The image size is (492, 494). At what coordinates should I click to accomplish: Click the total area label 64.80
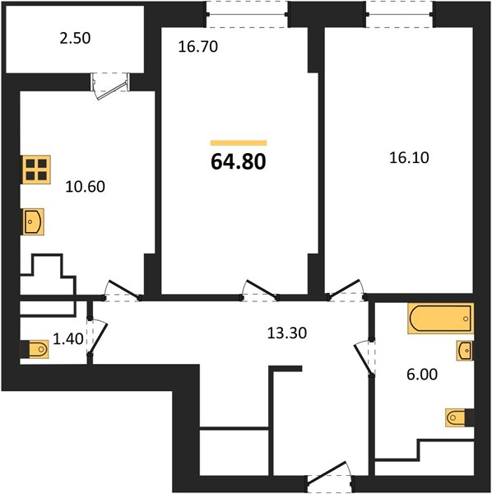point(239,161)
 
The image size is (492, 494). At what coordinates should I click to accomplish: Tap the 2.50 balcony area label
point(75,38)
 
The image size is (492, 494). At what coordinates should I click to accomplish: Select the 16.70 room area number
point(198,47)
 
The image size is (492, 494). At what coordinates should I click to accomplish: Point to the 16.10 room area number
point(409,157)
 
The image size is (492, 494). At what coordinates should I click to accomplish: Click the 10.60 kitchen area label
point(85,187)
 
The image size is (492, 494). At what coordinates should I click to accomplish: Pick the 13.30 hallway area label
point(287,333)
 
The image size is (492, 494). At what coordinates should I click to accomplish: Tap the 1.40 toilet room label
point(68,339)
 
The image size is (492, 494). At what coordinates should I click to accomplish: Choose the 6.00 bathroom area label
point(422,375)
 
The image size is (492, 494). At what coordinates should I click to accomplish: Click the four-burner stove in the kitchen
point(36,170)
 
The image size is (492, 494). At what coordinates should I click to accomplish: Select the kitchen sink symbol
point(33,221)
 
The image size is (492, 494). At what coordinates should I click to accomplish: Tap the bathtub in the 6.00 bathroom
point(441,318)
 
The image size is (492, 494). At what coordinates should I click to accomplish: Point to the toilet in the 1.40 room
point(35,349)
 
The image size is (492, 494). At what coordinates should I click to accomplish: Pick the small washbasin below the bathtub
point(465,351)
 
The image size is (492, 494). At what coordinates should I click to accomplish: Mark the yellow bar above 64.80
point(239,143)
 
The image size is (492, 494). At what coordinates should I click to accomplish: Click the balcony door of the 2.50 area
point(110,86)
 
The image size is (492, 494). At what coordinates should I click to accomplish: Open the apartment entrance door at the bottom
point(331,478)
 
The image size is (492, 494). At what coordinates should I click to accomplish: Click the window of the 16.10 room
point(400,15)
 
